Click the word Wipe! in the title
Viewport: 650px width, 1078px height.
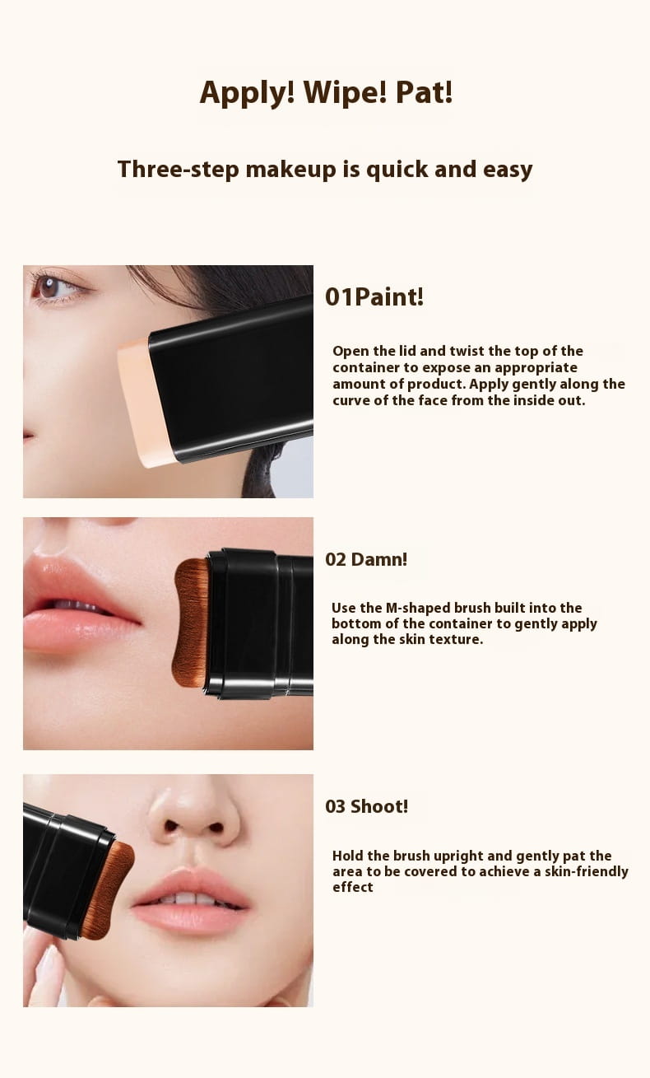click(x=345, y=92)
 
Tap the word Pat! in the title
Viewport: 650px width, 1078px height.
click(x=424, y=92)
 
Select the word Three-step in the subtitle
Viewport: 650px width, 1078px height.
click(x=178, y=170)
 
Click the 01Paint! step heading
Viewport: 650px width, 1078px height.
click(x=374, y=296)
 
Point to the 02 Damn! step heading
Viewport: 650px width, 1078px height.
click(x=366, y=559)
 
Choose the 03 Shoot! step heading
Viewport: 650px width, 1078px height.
click(x=366, y=806)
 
